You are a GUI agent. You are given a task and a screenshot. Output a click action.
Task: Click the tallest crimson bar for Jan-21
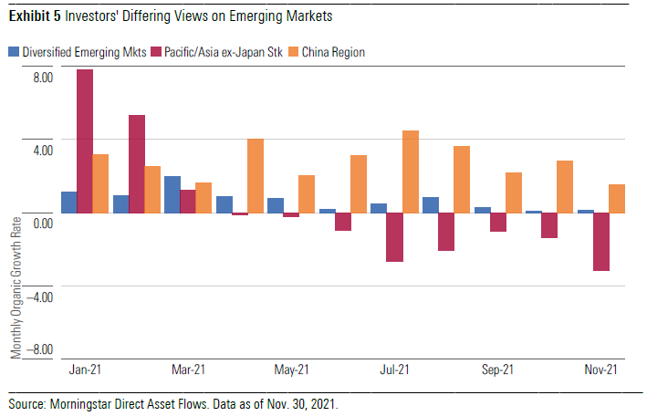(x=85, y=141)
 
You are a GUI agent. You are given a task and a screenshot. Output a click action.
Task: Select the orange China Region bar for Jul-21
(x=411, y=172)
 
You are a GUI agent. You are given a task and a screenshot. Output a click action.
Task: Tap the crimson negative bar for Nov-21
(x=600, y=242)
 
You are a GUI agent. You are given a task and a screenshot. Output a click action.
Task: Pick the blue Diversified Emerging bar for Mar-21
(x=172, y=194)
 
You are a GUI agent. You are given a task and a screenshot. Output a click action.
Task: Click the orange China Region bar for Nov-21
(x=617, y=199)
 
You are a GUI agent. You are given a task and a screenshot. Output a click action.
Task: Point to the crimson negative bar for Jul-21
(x=394, y=237)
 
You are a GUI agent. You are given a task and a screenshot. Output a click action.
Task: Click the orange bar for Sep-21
(x=514, y=192)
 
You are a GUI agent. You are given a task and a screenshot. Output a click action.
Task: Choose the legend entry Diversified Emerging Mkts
(x=67, y=52)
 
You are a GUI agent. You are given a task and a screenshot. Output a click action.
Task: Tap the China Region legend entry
(x=327, y=52)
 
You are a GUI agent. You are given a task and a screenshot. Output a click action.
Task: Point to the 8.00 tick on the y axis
(x=42, y=78)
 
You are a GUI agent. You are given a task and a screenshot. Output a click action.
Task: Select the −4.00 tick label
(x=39, y=296)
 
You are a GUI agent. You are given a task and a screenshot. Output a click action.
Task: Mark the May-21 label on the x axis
(x=290, y=370)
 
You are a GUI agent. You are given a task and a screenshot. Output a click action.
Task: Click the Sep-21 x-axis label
(x=496, y=370)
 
